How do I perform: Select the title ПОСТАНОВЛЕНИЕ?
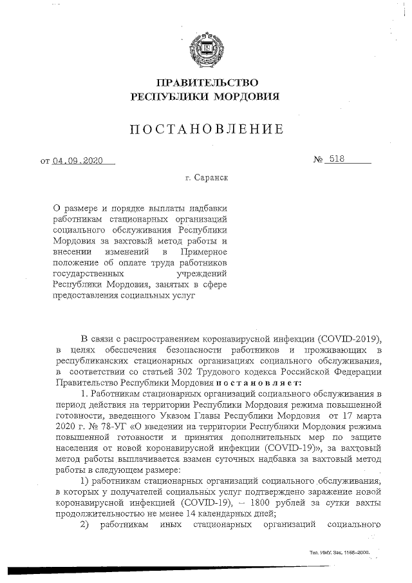(x=206, y=129)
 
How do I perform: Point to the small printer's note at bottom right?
(x=339, y=553)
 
